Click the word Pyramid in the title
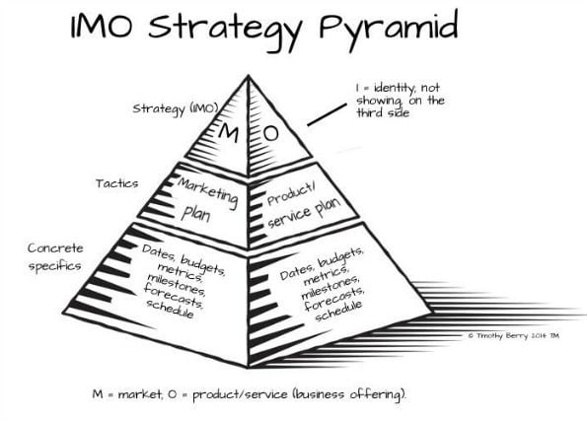(389, 28)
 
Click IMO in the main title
(102, 27)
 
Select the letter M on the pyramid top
(228, 132)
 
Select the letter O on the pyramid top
(270, 133)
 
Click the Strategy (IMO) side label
(176, 108)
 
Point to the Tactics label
(116, 183)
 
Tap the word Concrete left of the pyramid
(55, 247)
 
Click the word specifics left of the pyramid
(54, 266)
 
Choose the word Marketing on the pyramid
(208, 192)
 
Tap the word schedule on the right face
(338, 311)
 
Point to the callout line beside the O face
(327, 115)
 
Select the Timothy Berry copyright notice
(514, 335)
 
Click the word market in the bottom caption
(140, 394)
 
